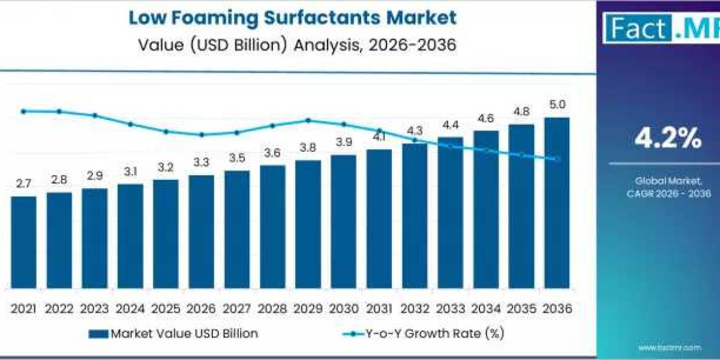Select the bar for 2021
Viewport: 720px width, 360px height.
[23, 242]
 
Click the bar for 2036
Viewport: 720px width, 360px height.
[557, 203]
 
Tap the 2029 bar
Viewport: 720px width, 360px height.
[308, 224]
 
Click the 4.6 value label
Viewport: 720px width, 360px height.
[485, 118]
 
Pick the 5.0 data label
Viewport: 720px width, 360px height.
[557, 104]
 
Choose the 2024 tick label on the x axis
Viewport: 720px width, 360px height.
[130, 308]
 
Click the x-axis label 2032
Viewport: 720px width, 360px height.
[415, 308]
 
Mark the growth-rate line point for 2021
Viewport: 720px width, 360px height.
[23, 111]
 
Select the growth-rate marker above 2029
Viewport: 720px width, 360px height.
[308, 120]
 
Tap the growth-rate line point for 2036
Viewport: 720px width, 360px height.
[557, 159]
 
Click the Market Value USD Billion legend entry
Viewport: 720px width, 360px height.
[173, 334]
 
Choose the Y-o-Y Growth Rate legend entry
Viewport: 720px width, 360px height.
[424, 334]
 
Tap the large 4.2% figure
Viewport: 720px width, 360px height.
[668, 139]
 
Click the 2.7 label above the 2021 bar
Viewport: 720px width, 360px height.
[23, 184]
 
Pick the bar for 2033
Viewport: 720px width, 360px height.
[450, 212]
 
